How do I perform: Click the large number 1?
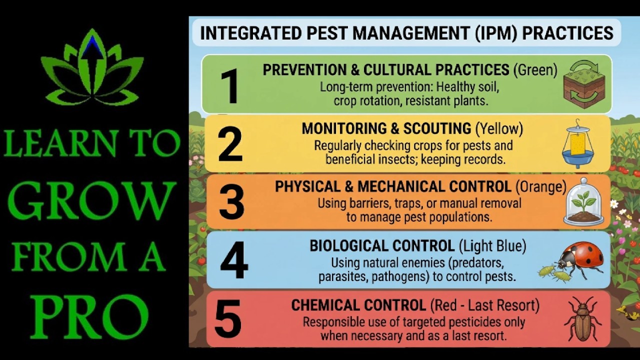click(x=230, y=85)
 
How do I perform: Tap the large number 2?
click(x=230, y=144)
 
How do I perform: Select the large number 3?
click(x=231, y=201)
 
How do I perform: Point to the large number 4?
click(x=234, y=260)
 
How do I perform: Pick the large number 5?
click(x=228, y=318)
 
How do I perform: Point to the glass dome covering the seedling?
click(x=583, y=201)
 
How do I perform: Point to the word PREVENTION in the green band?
click(x=305, y=70)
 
